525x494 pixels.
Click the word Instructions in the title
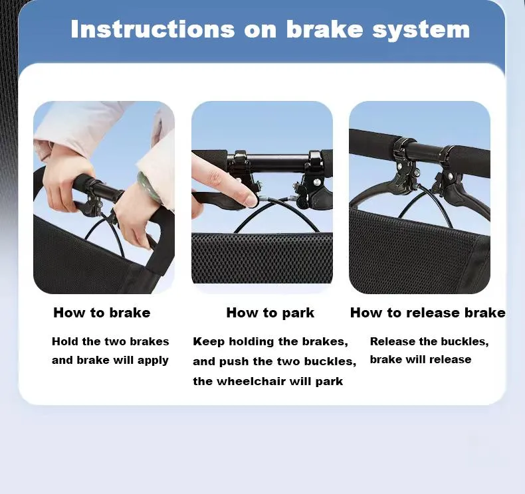pos(153,29)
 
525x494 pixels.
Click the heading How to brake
pos(102,313)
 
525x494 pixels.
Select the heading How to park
pos(270,313)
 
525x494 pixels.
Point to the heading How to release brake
pos(427,313)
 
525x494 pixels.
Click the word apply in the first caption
pos(152,361)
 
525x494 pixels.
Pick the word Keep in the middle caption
pos(209,342)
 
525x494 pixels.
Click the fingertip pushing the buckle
pos(251,199)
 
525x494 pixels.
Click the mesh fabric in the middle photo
pos(262,258)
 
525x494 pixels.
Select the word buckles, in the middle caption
pos(330,362)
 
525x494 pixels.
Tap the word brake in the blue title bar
pos(324,29)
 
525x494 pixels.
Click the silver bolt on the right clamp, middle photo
pos(316,182)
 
